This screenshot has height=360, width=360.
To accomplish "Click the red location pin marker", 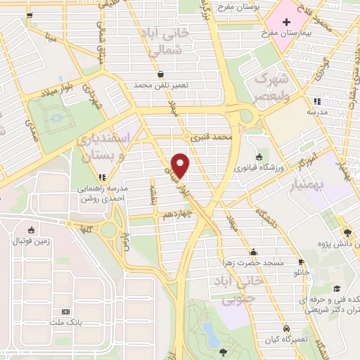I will tap(181, 165).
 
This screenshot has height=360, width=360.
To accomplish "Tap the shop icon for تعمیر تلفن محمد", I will tap(161, 73).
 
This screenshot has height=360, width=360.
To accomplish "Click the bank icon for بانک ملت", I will tap(66, 311).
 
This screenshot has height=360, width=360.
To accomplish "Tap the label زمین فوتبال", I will tap(30, 241).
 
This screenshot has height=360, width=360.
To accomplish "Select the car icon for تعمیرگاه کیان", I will tap(286, 328).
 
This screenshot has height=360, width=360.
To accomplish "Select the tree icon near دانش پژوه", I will tap(347, 231).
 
